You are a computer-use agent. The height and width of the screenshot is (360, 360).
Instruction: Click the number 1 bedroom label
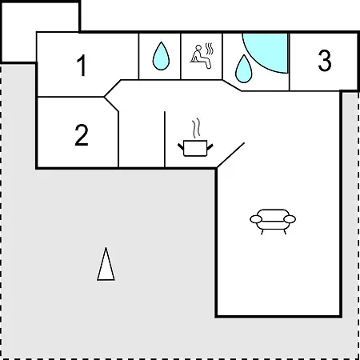tap(82, 66)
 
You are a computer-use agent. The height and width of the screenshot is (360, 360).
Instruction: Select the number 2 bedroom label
tap(82, 135)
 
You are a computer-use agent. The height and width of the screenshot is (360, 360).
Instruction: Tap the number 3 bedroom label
tap(325, 61)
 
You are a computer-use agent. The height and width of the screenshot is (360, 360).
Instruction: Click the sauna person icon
tap(201, 57)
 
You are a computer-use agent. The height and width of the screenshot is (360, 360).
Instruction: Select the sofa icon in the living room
tap(273, 222)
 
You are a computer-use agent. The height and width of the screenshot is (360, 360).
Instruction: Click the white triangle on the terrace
tap(106, 264)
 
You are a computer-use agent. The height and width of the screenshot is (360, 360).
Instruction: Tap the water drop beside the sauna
tap(161, 56)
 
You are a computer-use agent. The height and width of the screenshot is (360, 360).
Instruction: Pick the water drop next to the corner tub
tap(244, 69)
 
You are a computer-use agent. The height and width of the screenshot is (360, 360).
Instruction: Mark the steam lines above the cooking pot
tap(196, 128)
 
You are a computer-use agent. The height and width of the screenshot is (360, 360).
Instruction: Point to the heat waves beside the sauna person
tap(210, 49)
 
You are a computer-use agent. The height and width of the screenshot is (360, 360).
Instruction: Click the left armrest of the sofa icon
tap(256, 219)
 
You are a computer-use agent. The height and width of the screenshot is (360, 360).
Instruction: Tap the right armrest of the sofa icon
tap(290, 219)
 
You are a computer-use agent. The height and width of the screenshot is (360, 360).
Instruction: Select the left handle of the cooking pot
tap(181, 146)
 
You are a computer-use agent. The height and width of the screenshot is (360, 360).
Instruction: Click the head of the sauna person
tap(198, 47)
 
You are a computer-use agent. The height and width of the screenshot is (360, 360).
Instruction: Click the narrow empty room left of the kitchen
tap(142, 139)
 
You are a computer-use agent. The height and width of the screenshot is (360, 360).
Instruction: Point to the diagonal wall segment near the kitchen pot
tap(230, 155)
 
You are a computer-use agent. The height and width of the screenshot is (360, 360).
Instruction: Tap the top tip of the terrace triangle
tap(106, 248)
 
